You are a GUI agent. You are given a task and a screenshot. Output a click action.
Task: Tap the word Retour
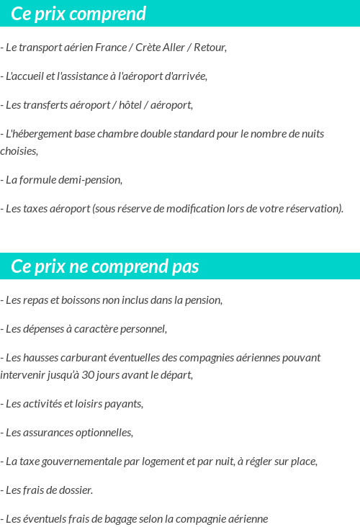[209, 48]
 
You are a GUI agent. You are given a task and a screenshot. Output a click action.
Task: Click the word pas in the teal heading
[185, 266]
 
